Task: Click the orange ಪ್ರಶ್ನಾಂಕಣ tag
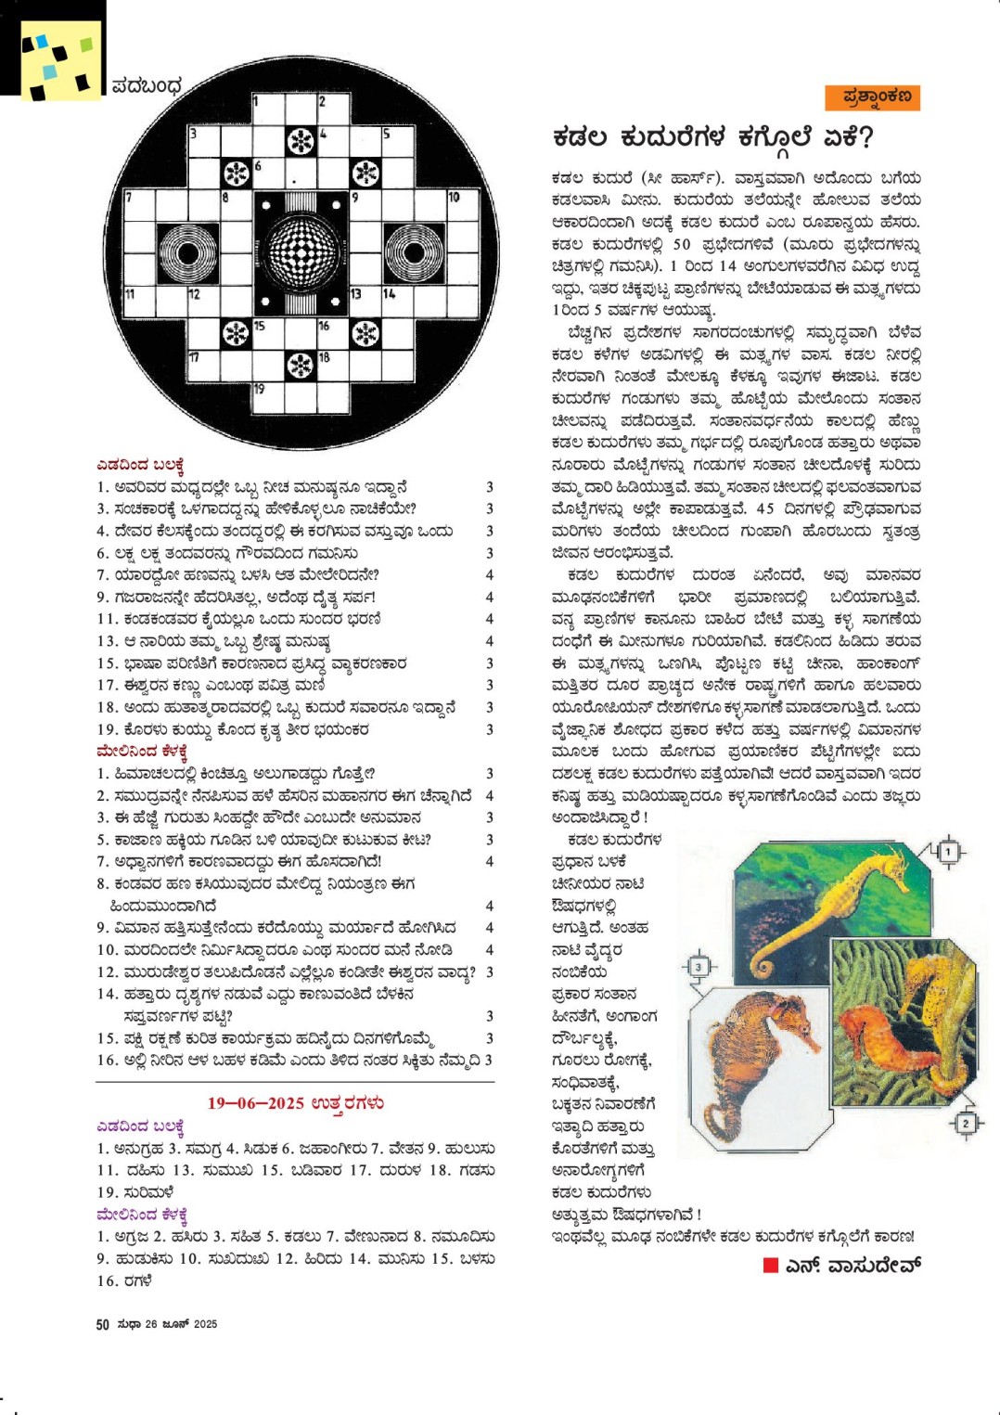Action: click(872, 97)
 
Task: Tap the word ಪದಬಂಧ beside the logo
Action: click(147, 86)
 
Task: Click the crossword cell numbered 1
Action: click(267, 109)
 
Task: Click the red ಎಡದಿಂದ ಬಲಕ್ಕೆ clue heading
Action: click(141, 465)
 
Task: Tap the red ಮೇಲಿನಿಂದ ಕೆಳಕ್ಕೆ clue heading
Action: click(142, 751)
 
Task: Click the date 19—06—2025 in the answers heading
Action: click(255, 1103)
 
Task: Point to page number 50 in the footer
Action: click(102, 1324)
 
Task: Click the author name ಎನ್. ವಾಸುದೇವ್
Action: click(853, 1266)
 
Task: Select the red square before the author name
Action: click(770, 1265)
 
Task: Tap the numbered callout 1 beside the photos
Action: click(947, 851)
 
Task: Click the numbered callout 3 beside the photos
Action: click(699, 967)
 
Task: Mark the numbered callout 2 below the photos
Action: click(965, 1123)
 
